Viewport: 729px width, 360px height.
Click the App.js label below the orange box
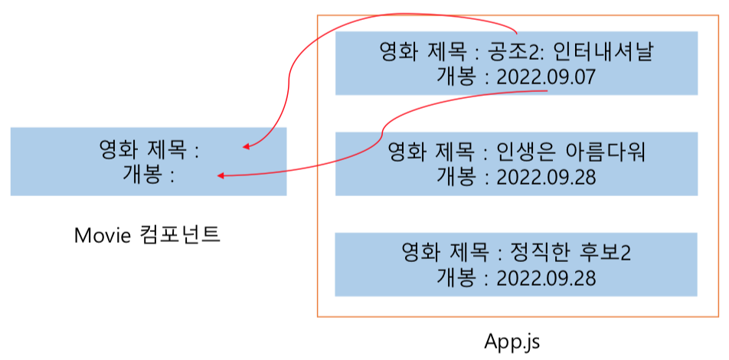(512, 341)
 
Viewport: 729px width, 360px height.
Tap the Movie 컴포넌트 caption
(147, 235)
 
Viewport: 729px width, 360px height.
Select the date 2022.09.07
(545, 77)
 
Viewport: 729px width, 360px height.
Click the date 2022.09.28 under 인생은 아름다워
(545, 176)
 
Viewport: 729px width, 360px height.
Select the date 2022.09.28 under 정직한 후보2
(545, 277)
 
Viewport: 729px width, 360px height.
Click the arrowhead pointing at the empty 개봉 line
(221, 175)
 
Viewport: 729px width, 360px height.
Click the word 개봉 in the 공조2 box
(456, 77)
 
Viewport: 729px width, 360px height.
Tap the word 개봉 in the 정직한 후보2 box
(456, 277)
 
